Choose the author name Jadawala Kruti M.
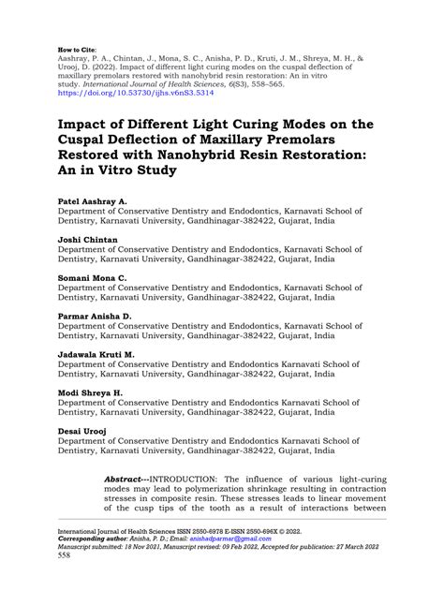click(97, 355)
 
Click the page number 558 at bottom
click(65, 581)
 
